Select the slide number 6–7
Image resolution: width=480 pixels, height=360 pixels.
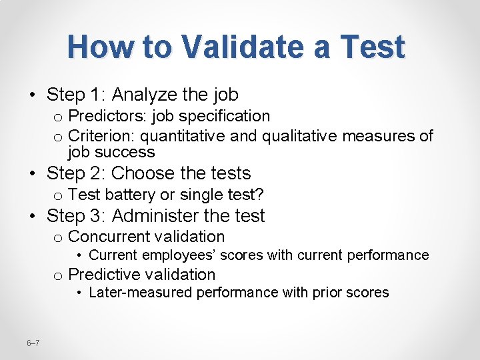tap(33, 343)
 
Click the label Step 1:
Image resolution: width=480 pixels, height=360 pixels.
tap(77, 95)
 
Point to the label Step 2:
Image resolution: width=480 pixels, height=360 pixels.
tap(77, 173)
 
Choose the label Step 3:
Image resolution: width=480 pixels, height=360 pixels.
tap(77, 216)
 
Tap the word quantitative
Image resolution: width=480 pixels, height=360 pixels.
tap(182, 137)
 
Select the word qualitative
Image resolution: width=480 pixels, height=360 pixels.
tap(299, 137)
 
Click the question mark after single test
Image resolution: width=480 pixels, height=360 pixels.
tap(260, 195)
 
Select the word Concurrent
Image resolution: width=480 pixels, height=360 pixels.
tap(109, 237)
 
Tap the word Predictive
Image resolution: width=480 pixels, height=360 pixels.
tap(106, 275)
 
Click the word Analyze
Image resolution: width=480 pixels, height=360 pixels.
tap(145, 95)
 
